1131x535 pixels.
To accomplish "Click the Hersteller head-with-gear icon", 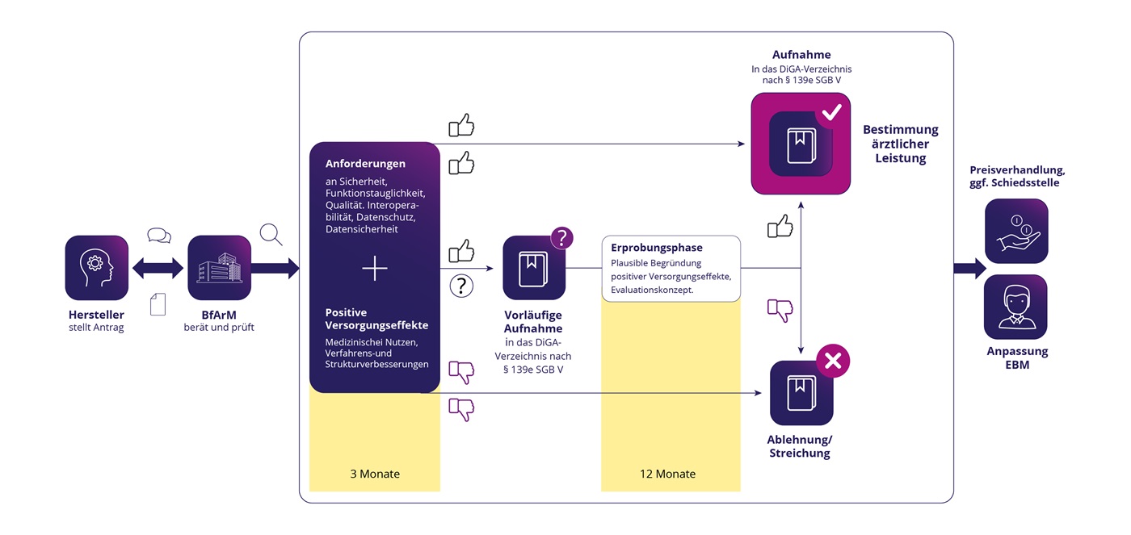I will click(x=96, y=267).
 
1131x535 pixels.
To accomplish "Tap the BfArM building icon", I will click(x=219, y=267).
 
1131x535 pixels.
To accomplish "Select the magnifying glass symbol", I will click(x=271, y=234).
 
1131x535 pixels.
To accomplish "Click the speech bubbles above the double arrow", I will click(x=159, y=236).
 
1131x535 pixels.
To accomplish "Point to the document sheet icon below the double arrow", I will click(x=158, y=303).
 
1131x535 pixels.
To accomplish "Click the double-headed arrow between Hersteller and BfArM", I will click(x=158, y=268).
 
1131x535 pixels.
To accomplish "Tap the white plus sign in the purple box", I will click(x=375, y=268).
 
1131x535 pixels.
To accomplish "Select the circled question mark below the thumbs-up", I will click(x=461, y=286).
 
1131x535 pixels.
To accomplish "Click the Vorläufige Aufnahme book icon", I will click(x=534, y=267).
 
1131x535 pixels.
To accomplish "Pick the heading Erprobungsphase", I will click(x=657, y=248).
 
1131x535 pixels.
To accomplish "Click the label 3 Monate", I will click(x=375, y=474).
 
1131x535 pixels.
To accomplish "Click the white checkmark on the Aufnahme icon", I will click(x=832, y=115).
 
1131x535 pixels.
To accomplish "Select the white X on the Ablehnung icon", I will click(x=832, y=362).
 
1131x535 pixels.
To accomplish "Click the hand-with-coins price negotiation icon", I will click(x=1015, y=231).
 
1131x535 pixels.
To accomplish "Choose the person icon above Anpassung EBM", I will click(x=1015, y=307).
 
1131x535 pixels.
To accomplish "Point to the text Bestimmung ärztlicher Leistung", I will click(x=901, y=144).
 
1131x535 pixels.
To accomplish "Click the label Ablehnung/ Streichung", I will click(x=799, y=446).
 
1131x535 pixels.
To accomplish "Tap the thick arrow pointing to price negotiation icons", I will click(x=969, y=268).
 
